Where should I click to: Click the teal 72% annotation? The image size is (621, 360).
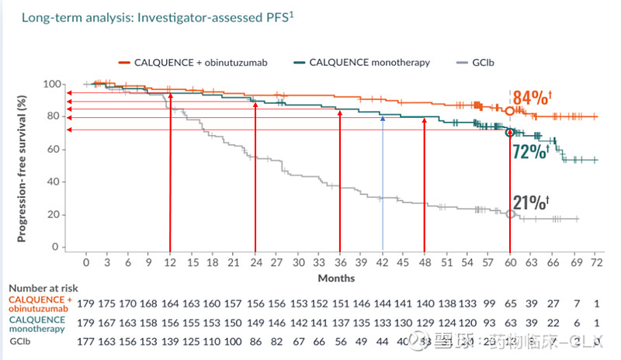(x=531, y=151)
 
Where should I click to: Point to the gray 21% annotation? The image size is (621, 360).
(x=531, y=204)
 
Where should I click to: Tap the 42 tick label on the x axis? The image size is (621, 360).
(x=382, y=263)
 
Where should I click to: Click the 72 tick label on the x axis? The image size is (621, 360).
(x=595, y=263)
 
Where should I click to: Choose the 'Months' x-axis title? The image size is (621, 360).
(x=336, y=277)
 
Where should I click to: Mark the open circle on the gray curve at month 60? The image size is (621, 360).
(x=510, y=213)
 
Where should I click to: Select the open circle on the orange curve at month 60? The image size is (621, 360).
(x=510, y=110)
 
